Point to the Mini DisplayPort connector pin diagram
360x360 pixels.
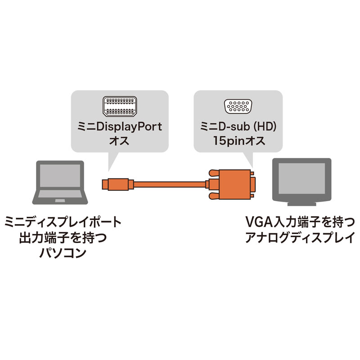point(119,107)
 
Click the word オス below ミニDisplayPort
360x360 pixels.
point(119,141)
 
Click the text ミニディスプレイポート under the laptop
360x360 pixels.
point(63,222)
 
